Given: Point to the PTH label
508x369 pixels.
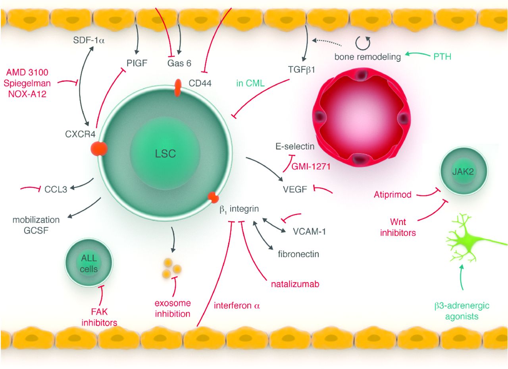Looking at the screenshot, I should (443, 57).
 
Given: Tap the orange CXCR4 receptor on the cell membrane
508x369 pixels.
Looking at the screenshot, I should (99, 149).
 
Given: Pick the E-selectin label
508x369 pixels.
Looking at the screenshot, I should (295, 147).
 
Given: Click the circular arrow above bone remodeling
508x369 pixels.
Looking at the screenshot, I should (362, 42).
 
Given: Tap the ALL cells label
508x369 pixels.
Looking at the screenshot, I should (89, 264).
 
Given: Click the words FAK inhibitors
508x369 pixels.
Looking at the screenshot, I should (99, 317).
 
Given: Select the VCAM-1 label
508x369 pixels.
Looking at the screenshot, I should (310, 232).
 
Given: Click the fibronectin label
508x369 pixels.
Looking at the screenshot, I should (298, 253).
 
